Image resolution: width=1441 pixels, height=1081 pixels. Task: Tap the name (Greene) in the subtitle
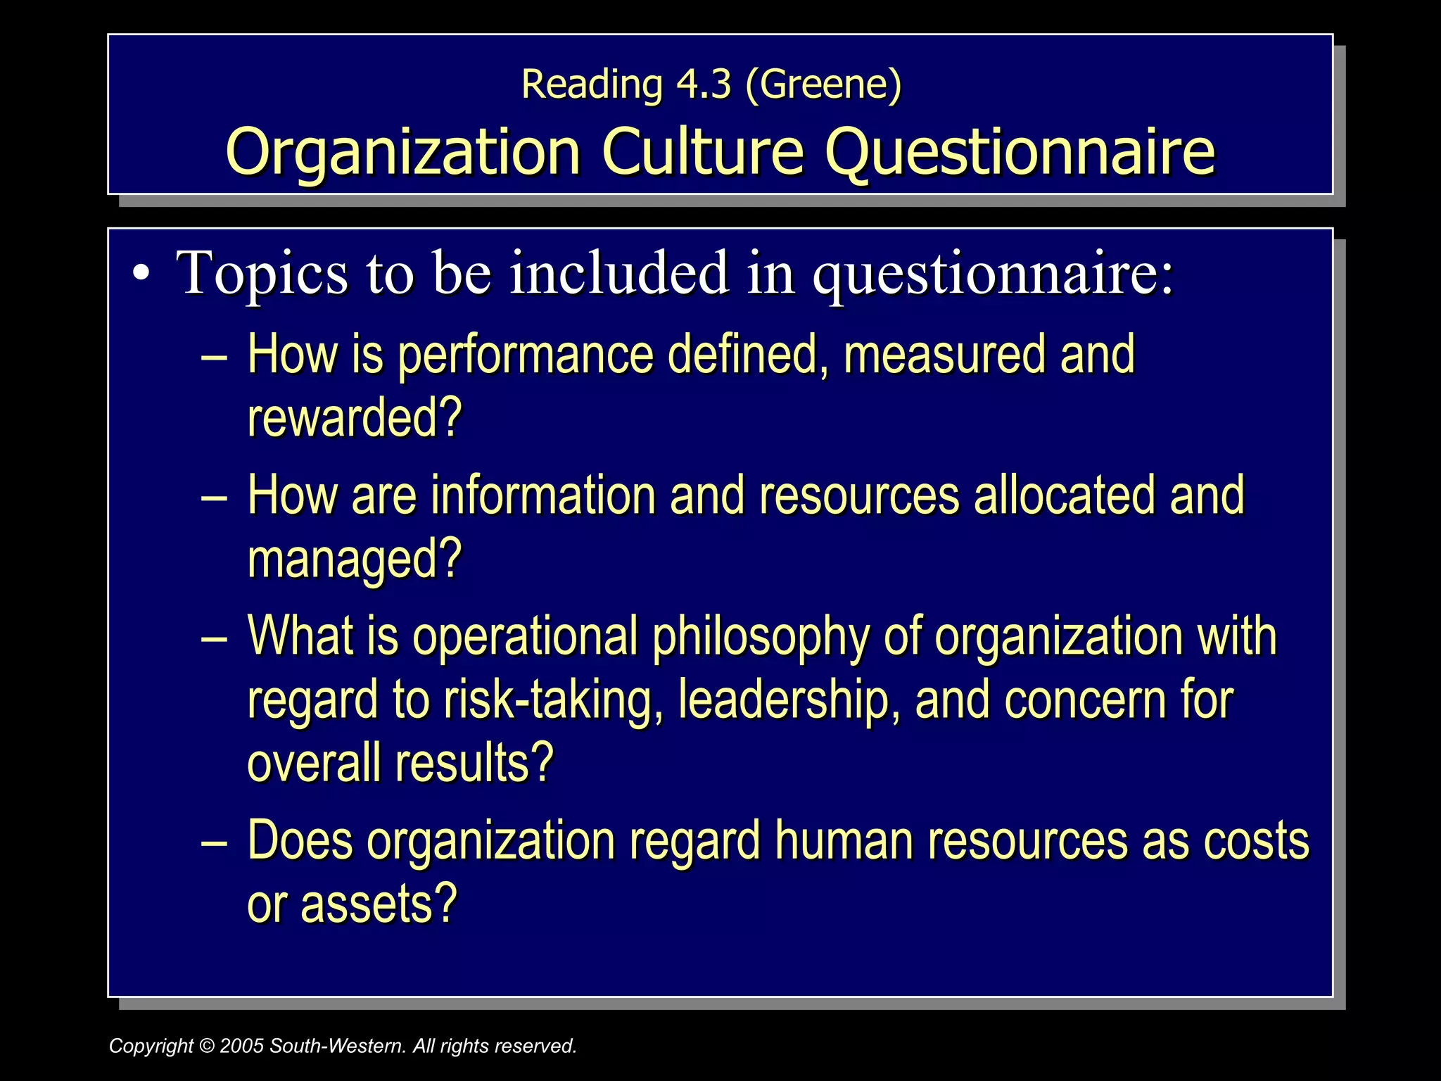(823, 84)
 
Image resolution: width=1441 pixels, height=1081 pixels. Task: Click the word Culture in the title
(702, 151)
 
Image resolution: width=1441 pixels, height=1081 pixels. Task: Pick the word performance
(526, 355)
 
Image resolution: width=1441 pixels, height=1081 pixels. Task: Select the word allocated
(1065, 495)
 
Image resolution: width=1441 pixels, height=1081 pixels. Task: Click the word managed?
(355, 560)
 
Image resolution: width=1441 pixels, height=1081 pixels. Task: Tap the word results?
(474, 764)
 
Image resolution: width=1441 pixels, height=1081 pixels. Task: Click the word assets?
(379, 904)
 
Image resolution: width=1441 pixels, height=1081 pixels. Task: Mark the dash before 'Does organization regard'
(213, 842)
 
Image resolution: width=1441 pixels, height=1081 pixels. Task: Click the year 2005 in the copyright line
(242, 1046)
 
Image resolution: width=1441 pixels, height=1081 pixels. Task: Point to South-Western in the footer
(338, 1046)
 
